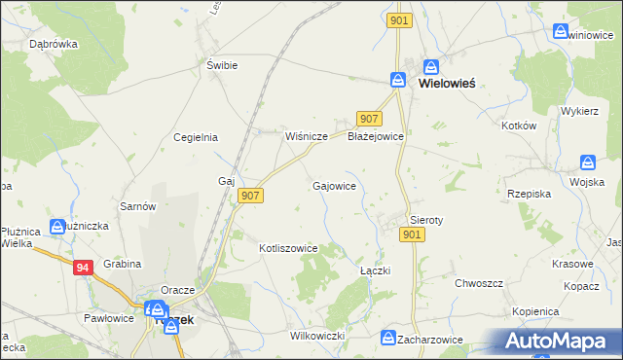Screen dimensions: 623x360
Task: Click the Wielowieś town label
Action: click(x=447, y=84)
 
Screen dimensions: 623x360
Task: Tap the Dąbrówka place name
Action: click(x=54, y=44)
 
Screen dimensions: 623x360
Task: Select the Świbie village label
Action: click(x=222, y=65)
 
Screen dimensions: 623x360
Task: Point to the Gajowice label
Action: click(x=333, y=185)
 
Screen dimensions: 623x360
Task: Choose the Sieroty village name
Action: click(x=426, y=220)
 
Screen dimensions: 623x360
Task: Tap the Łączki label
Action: click(x=375, y=270)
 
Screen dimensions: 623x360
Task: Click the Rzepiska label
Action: click(x=529, y=194)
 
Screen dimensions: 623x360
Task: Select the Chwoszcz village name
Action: click(x=479, y=283)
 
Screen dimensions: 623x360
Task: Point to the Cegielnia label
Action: click(x=195, y=137)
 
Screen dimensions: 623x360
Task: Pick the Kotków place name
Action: click(x=518, y=126)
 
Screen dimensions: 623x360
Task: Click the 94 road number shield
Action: click(x=83, y=266)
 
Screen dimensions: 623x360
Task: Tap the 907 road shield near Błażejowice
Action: click(x=368, y=119)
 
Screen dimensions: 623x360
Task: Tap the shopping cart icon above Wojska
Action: click(x=588, y=162)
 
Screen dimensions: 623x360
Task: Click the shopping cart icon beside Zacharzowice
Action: click(x=385, y=339)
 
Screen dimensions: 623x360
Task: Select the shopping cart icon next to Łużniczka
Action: click(x=58, y=227)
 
